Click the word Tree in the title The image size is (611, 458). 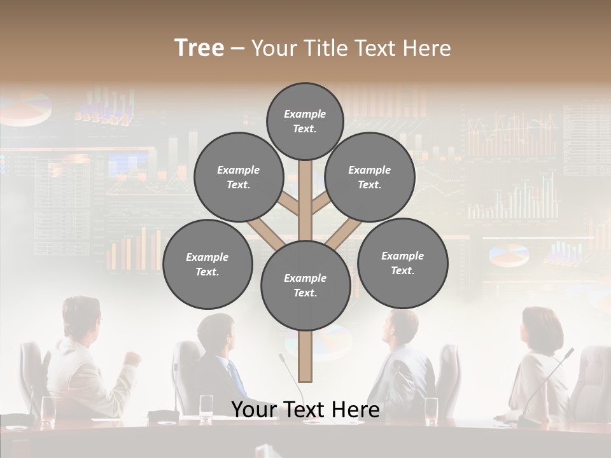coord(199,48)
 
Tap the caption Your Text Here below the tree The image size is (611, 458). coord(305,410)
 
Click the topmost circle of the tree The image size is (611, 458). coord(305,121)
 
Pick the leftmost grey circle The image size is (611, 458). coord(207,264)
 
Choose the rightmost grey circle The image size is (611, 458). coord(402,263)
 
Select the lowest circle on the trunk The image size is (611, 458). coord(305,285)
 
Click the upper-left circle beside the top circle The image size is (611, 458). coord(238,177)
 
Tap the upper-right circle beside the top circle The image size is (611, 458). coord(370,177)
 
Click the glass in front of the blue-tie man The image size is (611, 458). coord(206,407)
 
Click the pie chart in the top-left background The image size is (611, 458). coord(29,109)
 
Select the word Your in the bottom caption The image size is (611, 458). coord(254,410)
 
